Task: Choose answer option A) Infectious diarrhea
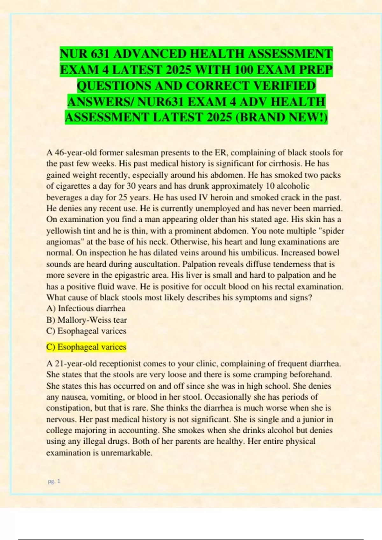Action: (86, 308)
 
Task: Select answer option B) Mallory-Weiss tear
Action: (87, 320)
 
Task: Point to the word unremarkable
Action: (126, 453)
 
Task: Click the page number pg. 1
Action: (54, 481)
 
